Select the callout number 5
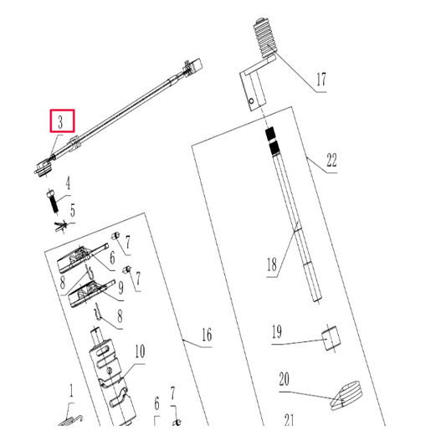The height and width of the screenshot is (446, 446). (73, 211)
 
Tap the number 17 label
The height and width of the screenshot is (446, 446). (321, 81)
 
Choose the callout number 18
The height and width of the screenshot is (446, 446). (271, 266)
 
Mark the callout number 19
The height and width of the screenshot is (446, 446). (276, 331)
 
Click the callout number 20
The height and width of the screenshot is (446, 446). (284, 380)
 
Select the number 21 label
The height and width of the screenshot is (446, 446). (290, 420)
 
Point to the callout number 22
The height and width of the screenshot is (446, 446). (331, 161)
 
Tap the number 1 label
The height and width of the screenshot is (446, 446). (72, 390)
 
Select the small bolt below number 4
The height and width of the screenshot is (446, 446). (51, 202)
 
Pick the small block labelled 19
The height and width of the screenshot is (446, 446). (332, 339)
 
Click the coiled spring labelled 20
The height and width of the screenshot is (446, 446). (346, 395)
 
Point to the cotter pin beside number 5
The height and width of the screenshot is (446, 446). (59, 225)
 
